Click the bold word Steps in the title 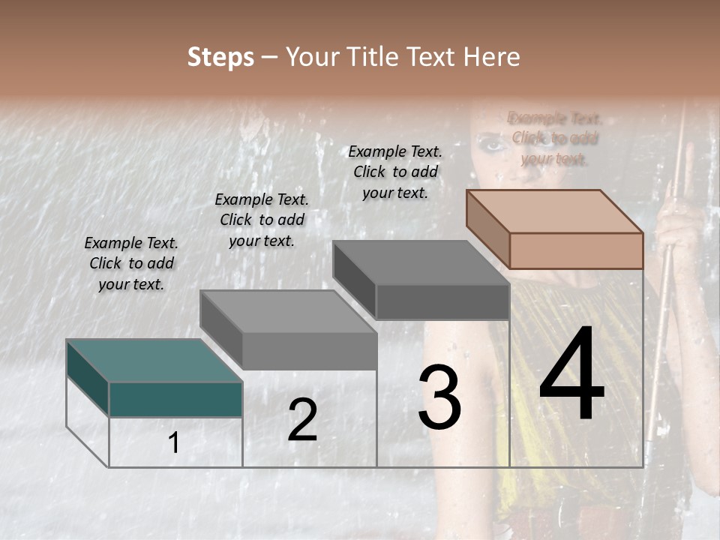pyautogui.click(x=220, y=57)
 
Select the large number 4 pyautogui.click(x=571, y=375)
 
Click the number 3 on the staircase pyautogui.click(x=439, y=397)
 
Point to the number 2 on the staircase pyautogui.click(x=302, y=420)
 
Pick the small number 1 pyautogui.click(x=174, y=443)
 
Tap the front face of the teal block pyautogui.click(x=175, y=399)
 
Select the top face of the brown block pyautogui.click(x=553, y=211)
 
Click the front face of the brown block pyautogui.click(x=576, y=250)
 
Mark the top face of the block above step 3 pyautogui.click(x=420, y=262)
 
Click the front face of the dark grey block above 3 pyautogui.click(x=442, y=302)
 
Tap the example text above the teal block pyautogui.click(x=131, y=263)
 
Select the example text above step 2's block pyautogui.click(x=262, y=220)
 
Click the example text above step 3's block pyautogui.click(x=395, y=172)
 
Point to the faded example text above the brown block pyautogui.click(x=555, y=138)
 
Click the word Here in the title pyautogui.click(x=492, y=57)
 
